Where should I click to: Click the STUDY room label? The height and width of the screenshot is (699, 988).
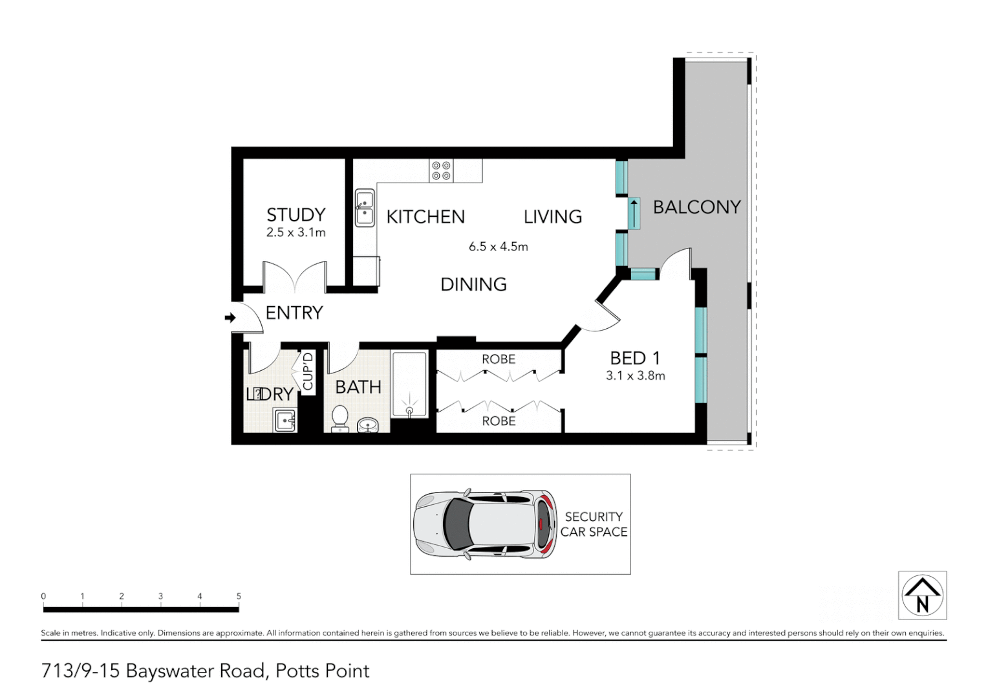point(295,214)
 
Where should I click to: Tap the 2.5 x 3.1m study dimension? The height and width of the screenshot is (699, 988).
point(295,232)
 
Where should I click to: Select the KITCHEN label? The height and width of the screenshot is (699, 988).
point(425,217)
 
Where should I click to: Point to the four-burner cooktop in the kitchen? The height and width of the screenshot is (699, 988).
point(442,171)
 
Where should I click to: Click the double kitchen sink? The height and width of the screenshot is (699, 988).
point(365,208)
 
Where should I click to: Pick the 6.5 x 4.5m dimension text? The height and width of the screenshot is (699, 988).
point(498,247)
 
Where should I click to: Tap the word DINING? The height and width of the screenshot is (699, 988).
point(473,284)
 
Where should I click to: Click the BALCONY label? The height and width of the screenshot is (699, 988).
point(696,207)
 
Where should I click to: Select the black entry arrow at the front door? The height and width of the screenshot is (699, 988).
point(230,318)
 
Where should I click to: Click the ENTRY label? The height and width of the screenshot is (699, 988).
point(294,313)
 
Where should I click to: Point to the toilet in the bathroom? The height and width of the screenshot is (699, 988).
point(339,417)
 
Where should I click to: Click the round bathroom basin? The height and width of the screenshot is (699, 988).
point(369,425)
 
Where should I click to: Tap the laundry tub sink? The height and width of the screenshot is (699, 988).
point(285,421)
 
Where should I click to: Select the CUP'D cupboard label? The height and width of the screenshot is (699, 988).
point(308,371)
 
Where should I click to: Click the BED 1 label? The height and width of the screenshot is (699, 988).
point(634,358)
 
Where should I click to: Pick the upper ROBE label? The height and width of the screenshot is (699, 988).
point(498,359)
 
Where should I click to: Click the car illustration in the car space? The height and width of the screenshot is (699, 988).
point(484,524)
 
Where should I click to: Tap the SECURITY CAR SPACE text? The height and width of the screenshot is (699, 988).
point(594,524)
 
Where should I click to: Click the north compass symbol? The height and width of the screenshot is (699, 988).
point(922,595)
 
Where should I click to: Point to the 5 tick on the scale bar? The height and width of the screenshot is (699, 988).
point(239,597)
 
